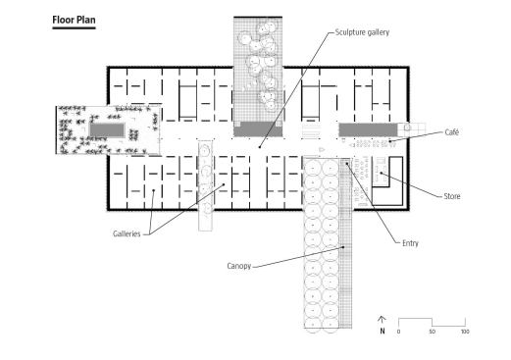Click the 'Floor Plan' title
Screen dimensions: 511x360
point(74,20)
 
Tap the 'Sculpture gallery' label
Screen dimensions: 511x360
point(362,32)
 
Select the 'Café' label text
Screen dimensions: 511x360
point(452,132)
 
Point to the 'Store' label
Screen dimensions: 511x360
point(452,196)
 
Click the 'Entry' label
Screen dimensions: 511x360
point(410,243)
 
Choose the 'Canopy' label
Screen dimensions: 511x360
point(239,266)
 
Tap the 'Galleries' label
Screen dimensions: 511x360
point(127,233)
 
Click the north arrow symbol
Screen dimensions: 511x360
point(382,320)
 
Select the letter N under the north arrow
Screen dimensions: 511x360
point(383,331)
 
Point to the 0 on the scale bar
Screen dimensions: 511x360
point(398,332)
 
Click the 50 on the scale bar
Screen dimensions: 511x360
point(433,332)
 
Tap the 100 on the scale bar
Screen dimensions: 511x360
point(465,332)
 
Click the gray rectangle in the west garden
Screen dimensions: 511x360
point(107,130)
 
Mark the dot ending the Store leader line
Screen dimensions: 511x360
point(382,173)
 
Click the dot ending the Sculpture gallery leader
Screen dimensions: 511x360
point(260,147)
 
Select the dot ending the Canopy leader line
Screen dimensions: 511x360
point(343,247)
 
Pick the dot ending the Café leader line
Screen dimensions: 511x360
point(390,141)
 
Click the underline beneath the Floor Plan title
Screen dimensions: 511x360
point(74,28)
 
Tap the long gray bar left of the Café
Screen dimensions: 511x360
point(368,129)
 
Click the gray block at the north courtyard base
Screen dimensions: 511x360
point(258,129)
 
